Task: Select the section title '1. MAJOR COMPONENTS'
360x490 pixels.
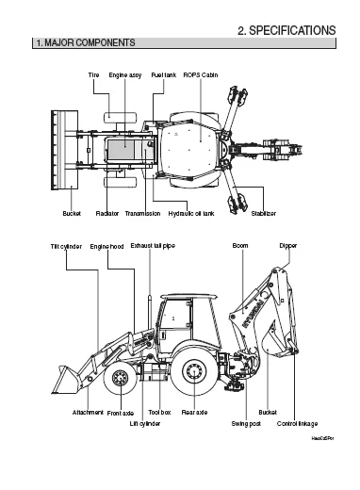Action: pos(84,43)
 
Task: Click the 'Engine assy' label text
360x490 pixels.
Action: pos(124,73)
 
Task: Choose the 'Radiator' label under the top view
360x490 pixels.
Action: pos(106,214)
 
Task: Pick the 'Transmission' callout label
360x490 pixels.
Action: pos(142,214)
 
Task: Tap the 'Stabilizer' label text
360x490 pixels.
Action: pos(264,214)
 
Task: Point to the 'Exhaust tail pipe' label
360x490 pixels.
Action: pos(153,245)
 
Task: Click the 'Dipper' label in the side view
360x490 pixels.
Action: pos(289,245)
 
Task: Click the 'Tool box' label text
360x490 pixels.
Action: pos(160,413)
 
